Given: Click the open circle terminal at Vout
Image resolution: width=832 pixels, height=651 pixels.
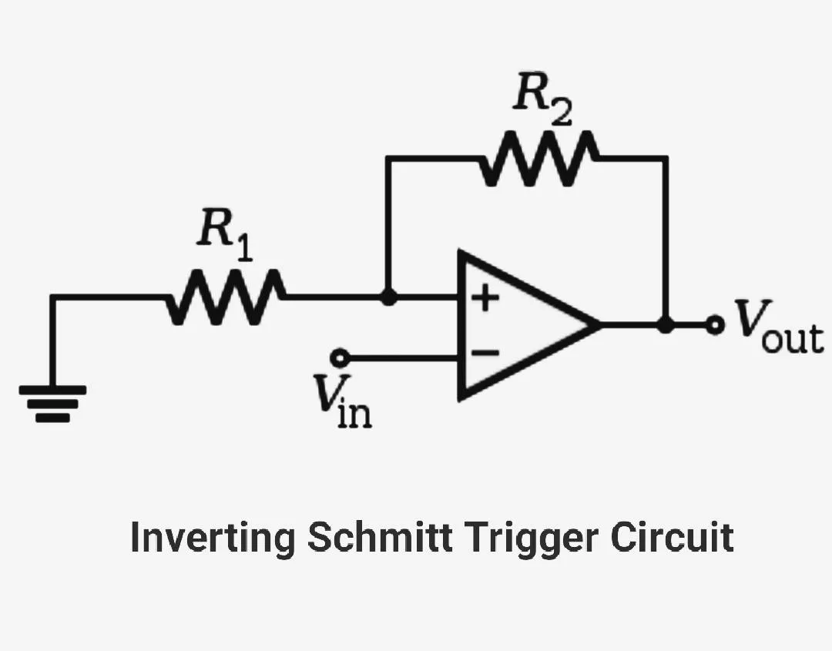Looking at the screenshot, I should point(716,326).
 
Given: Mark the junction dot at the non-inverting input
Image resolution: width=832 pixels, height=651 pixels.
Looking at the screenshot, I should point(389,297).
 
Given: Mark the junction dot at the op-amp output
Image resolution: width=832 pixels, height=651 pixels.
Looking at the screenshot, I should point(666,326).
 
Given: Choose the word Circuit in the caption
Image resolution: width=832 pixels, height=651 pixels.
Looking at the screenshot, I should point(672,537).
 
